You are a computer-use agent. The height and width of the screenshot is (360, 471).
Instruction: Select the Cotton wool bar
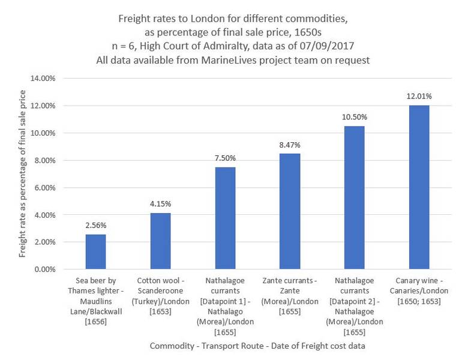tap(160, 241)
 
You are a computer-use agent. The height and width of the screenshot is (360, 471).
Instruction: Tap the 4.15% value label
tap(160, 203)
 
